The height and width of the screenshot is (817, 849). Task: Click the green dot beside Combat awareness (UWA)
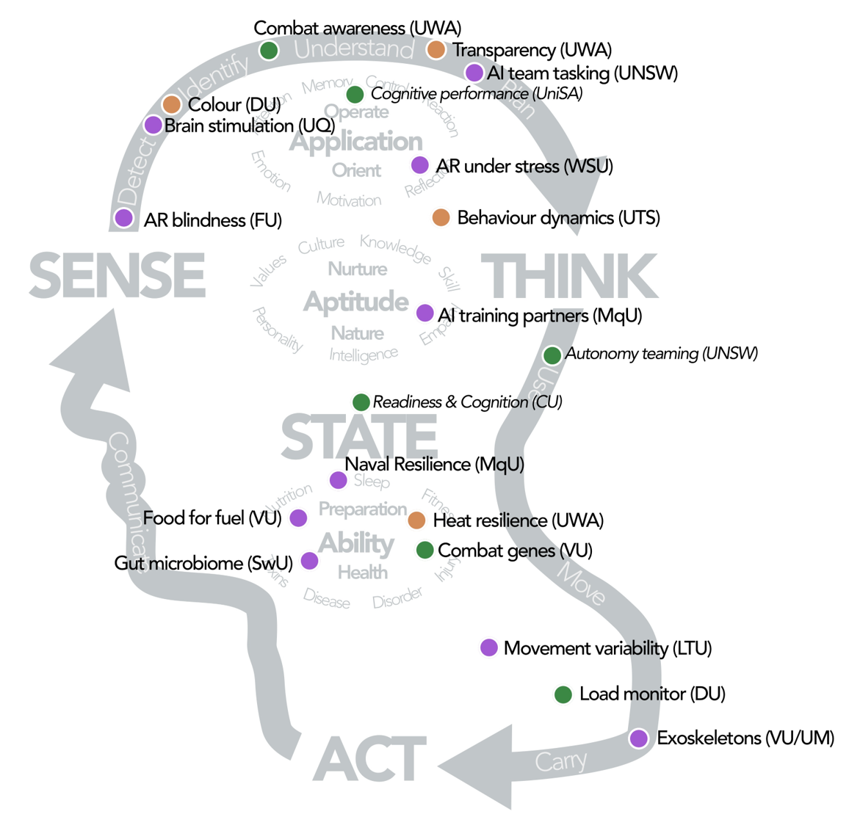pos(269,50)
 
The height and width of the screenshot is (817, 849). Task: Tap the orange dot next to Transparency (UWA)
pos(436,50)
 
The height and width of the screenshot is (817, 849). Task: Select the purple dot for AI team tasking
pos(474,73)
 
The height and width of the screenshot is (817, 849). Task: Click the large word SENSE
pos(118,275)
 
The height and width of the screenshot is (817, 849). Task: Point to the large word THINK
pos(568,276)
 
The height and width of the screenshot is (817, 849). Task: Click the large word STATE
pos(359,437)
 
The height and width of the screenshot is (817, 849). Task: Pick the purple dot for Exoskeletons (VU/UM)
pos(639,738)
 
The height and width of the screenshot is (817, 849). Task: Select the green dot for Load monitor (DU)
pos(563,694)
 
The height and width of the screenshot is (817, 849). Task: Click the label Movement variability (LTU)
pos(607,649)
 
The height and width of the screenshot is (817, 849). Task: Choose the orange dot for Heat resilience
pos(416,520)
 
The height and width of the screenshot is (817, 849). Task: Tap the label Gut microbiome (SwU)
pos(203,563)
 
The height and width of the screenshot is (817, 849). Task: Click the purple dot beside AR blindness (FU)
pos(124,218)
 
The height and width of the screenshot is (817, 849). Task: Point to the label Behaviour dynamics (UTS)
pos(558,218)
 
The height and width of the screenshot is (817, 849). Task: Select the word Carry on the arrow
pos(561,762)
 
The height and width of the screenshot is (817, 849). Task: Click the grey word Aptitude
pos(356,301)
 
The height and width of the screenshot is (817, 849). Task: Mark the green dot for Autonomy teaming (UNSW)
pos(552,355)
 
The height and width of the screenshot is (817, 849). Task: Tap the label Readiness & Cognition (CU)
pos(467,402)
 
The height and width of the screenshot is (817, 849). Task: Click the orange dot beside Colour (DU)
pos(172,104)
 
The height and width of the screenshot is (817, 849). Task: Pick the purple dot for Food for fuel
pos(298,518)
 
